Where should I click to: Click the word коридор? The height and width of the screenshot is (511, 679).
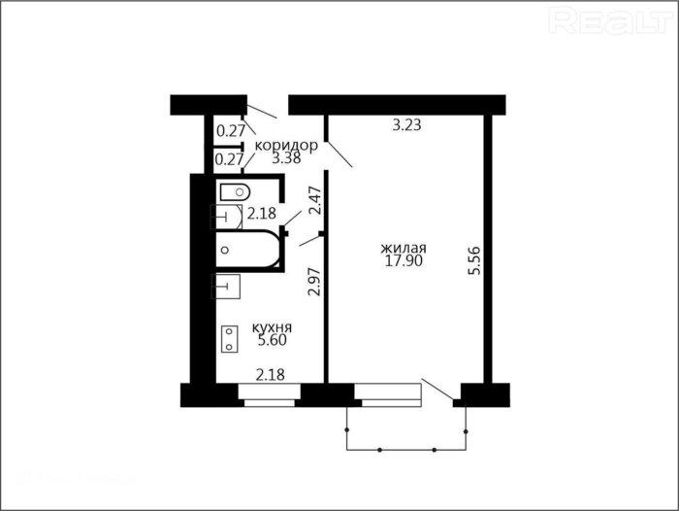(x=286, y=146)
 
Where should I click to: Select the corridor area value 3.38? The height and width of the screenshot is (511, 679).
(x=286, y=158)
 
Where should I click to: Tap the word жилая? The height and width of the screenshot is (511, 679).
(x=404, y=248)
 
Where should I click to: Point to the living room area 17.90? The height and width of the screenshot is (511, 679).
(x=404, y=260)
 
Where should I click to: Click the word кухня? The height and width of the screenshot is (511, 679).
(x=272, y=327)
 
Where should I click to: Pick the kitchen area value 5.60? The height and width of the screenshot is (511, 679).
(x=272, y=340)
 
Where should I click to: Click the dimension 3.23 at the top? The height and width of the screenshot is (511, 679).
(x=406, y=125)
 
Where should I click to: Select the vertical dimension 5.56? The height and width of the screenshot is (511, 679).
(x=474, y=260)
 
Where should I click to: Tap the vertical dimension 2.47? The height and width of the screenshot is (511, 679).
(x=316, y=200)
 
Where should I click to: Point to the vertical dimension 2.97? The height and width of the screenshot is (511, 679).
(x=314, y=282)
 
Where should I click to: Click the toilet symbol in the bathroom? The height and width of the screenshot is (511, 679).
(x=235, y=191)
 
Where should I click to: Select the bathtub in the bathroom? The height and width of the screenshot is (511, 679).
(x=248, y=250)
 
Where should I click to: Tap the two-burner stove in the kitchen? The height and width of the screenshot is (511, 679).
(x=230, y=339)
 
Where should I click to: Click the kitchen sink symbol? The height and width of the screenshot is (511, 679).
(x=226, y=287)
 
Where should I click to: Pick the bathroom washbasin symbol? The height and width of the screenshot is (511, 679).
(x=226, y=216)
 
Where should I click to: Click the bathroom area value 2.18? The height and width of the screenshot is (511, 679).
(x=262, y=214)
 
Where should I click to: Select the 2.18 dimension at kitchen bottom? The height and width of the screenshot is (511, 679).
(x=271, y=374)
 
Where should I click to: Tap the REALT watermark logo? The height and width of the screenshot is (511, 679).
(x=610, y=20)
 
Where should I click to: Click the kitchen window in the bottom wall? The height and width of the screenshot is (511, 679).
(x=270, y=395)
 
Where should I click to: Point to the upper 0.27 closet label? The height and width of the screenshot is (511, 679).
(x=231, y=130)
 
